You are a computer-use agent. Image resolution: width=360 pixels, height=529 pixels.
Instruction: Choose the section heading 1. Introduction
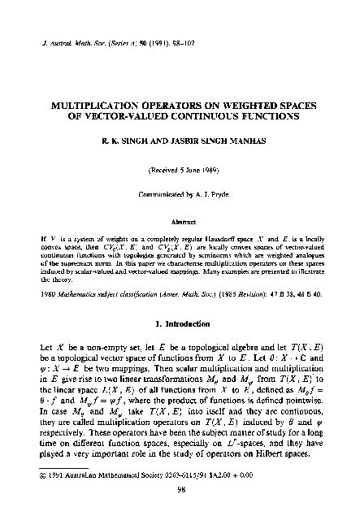[x=180, y=325]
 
